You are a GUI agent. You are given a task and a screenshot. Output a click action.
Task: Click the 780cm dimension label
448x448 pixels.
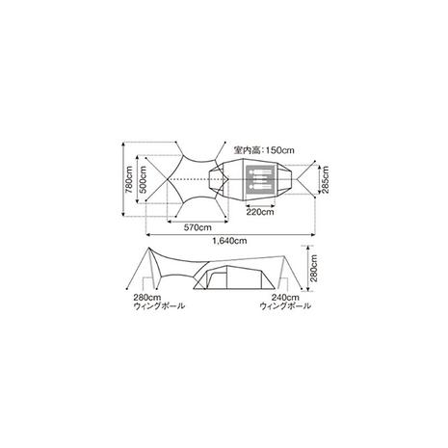(x=129, y=179)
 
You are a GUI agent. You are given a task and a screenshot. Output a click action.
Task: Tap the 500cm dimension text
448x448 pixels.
(x=143, y=179)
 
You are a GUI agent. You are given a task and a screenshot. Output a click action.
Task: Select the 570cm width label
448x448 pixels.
(x=198, y=227)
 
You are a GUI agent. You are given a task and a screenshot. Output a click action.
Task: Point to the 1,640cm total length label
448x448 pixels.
(x=229, y=241)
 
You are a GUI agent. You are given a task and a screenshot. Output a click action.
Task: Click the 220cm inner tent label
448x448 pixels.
(x=260, y=212)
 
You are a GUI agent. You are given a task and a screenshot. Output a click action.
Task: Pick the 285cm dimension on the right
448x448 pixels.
(x=326, y=179)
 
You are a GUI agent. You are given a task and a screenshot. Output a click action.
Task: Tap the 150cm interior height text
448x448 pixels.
(x=264, y=150)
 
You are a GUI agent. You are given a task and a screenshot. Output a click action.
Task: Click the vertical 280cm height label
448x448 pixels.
(x=314, y=268)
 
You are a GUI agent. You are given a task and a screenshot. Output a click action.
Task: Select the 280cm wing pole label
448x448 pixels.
(x=159, y=302)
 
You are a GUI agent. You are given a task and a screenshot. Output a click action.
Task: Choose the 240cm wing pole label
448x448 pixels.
(x=285, y=302)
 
